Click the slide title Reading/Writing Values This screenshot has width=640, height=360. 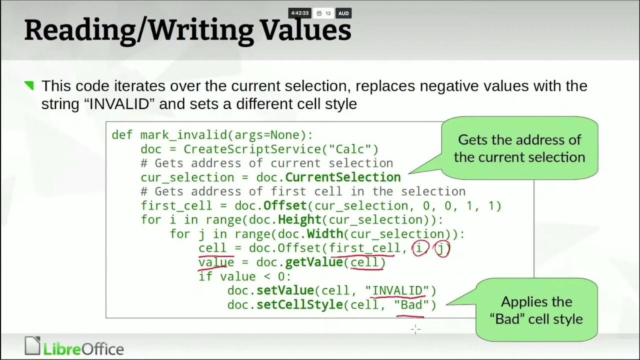(187, 30)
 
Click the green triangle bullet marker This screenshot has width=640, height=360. (29, 86)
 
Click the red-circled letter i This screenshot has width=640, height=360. (419, 248)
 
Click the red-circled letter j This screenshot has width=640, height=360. (442, 248)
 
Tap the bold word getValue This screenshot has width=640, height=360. (314, 262)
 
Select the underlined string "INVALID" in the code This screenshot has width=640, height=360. (397, 290)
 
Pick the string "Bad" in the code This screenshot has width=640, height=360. (411, 304)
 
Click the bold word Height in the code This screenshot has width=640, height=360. (299, 220)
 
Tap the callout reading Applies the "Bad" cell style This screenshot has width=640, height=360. (536, 310)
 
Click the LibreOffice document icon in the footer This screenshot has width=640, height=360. (32, 346)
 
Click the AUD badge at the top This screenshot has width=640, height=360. (343, 13)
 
